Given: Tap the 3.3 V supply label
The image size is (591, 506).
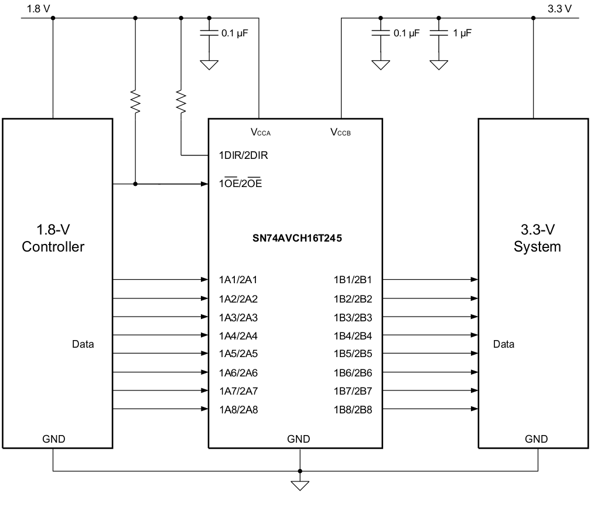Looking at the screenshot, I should [559, 8].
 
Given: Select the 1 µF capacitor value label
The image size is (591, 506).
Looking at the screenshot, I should [462, 33].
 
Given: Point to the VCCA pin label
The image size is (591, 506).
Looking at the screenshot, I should [261, 133].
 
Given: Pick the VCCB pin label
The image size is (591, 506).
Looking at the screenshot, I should [341, 133].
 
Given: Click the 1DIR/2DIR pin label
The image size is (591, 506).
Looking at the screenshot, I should [243, 156].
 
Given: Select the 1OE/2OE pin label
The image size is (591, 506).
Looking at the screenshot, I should [240, 184].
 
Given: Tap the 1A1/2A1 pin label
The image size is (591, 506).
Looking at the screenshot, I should [238, 280].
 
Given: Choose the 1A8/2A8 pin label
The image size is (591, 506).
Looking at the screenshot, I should [238, 410].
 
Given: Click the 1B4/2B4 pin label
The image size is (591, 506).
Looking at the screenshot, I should [353, 336].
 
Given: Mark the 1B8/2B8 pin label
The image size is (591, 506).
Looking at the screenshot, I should [353, 410].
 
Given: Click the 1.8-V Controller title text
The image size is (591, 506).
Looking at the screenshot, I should [53, 238].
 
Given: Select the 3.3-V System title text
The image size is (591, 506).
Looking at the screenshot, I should [537, 238].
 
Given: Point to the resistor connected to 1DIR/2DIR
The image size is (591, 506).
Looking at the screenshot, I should [181, 103].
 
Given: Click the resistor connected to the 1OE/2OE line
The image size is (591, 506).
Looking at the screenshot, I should [136, 103].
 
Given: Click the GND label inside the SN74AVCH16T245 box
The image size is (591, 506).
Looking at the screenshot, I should [299, 439].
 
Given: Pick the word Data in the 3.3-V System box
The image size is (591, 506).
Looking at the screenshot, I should [504, 344].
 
